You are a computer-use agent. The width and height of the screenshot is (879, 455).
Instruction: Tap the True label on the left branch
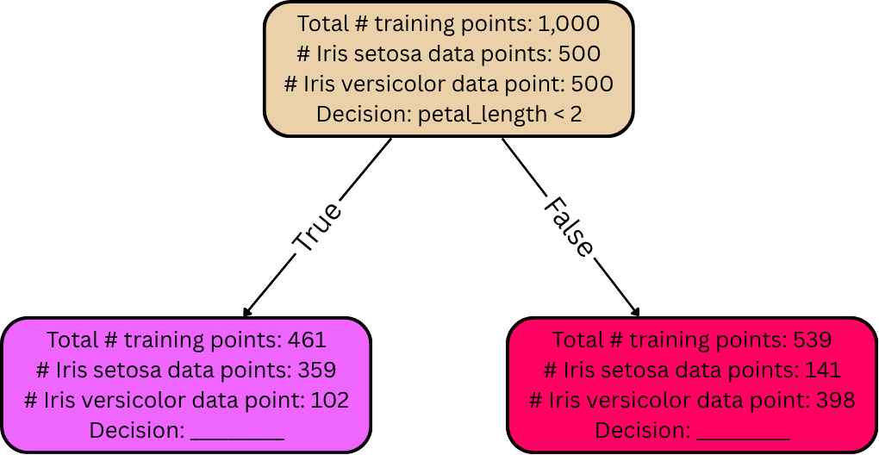click(317, 227)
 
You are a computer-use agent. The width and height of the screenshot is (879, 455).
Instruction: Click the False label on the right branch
click(569, 229)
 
